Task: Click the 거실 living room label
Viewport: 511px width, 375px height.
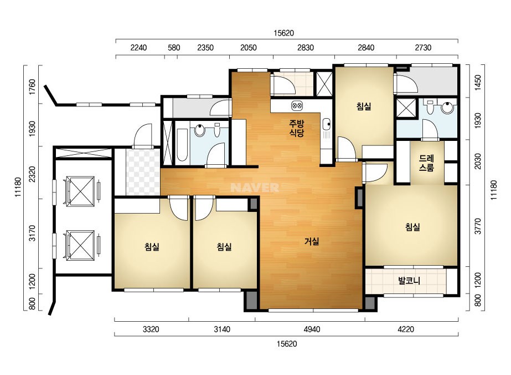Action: [312, 241]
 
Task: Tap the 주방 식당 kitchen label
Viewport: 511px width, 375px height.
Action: [297, 128]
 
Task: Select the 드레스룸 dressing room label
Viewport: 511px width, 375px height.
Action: [426, 163]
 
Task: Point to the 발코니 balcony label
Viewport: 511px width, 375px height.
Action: [409, 281]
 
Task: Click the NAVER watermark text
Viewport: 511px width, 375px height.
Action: [255, 187]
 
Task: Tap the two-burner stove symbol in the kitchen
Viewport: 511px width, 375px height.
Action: [297, 105]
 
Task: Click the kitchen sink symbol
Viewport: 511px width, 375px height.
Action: [326, 124]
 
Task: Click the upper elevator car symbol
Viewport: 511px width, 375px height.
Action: [80, 191]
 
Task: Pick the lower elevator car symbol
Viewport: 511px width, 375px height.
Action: [80, 245]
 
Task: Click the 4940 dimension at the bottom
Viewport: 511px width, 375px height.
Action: [312, 330]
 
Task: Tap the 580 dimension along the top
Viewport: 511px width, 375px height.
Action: [174, 48]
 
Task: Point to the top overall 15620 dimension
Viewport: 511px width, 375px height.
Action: [283, 33]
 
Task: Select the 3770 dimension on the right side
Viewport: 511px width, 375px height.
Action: [478, 226]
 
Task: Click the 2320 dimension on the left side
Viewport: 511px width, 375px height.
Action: [32, 174]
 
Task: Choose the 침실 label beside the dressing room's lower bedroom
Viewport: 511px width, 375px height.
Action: [412, 227]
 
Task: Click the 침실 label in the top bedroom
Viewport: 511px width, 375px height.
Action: [364, 107]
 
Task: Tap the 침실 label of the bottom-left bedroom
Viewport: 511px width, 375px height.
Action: [152, 247]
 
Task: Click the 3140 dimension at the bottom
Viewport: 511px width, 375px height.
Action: [222, 330]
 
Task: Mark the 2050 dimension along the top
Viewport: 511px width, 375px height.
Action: [249, 48]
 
